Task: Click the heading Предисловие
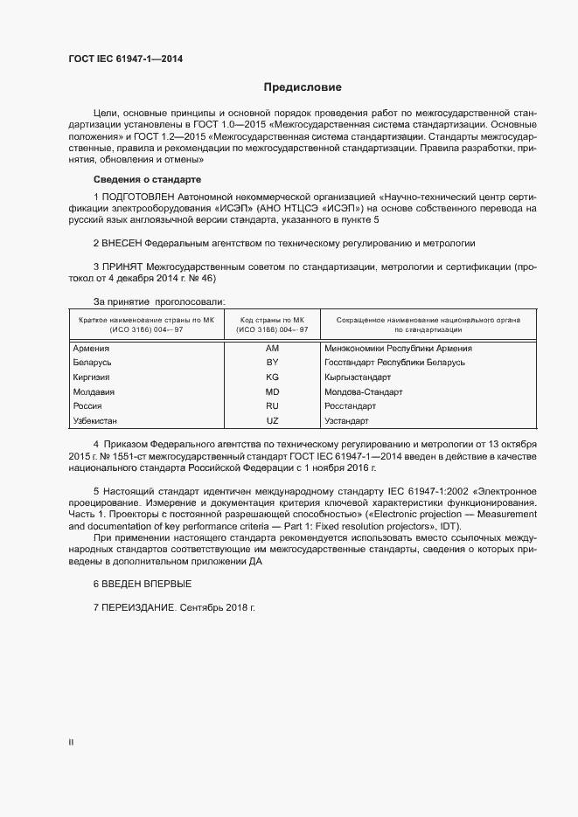point(303,87)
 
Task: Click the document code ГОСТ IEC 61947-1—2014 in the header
point(125,59)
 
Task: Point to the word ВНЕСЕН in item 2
point(122,241)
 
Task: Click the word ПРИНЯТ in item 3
point(122,265)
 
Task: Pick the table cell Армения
point(91,348)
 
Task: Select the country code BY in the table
point(271,362)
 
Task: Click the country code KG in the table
point(271,377)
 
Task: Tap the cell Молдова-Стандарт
point(363,391)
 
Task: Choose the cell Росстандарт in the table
point(350,406)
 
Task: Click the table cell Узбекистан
point(96,421)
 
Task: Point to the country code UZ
point(271,421)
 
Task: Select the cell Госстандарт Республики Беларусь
point(394,362)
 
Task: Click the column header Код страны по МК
point(271,320)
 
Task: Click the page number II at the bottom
point(71,743)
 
